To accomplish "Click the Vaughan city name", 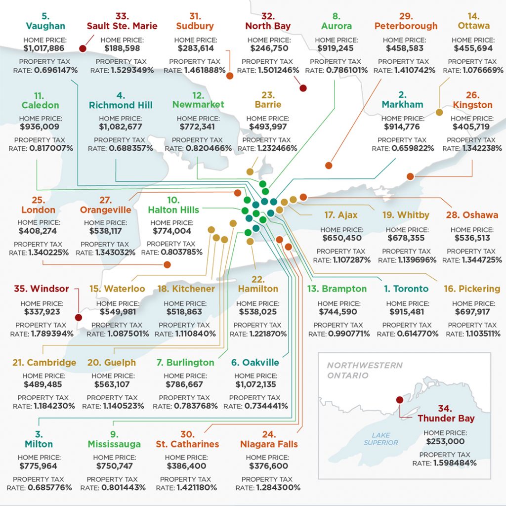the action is pos(45,26).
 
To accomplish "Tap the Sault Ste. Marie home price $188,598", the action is pos(122,48).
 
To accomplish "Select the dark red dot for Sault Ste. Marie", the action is pos(83,48).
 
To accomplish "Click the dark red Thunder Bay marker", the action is pos(399,400).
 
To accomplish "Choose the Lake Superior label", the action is pos(381,439).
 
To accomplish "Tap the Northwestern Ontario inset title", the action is pos(365,371).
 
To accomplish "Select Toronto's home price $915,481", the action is pos(407,312).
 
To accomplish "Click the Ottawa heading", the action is pos(474,26).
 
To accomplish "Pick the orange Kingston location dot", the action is pos(410,176).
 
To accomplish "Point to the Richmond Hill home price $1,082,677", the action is pos(121,127).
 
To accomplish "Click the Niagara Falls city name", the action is pos(269,444).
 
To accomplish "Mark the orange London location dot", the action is pos(167,265).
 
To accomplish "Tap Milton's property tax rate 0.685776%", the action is pos(50,488).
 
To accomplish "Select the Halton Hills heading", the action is pos(173,210).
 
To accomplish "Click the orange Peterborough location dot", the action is pos(329,166).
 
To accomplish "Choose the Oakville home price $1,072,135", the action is pos(255,384).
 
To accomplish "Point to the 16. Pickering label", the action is pos(472,289).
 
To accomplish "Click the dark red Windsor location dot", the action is pos(79,317).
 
